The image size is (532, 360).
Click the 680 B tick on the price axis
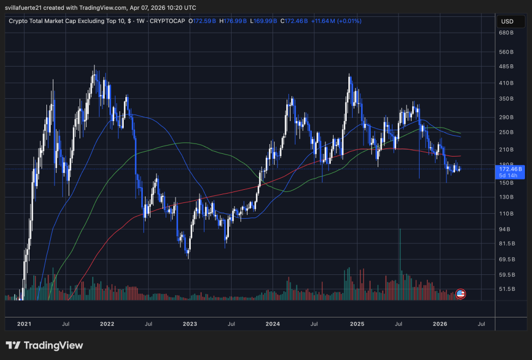506,33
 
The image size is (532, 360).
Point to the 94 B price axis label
505,230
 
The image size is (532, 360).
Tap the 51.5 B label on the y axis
506,289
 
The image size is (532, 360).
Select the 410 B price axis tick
506,83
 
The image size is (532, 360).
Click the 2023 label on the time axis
190,324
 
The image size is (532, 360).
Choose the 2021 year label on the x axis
24,324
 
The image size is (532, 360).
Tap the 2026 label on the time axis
440,324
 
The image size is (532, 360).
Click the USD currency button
507,21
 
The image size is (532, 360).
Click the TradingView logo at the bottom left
45,345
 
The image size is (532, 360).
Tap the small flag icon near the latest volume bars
460,294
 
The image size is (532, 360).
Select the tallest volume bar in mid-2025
401,265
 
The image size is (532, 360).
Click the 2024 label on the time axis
273,324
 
